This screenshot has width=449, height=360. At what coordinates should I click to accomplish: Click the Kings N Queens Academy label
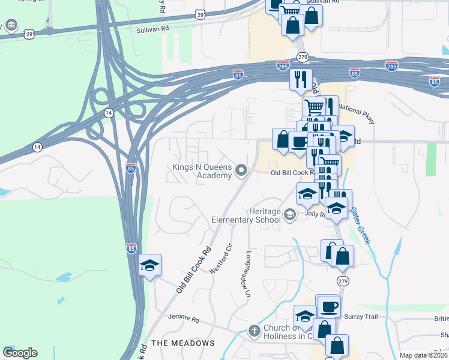click(x=202, y=170)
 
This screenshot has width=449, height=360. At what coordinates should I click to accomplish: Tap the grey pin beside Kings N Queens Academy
click(x=241, y=171)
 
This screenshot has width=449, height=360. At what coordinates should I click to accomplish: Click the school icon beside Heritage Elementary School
click(x=290, y=214)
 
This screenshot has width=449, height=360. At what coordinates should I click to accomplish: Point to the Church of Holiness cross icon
click(x=254, y=331)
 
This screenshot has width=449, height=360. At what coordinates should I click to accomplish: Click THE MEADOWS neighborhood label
click(x=183, y=343)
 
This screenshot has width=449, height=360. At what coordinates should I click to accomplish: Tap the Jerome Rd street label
click(x=182, y=317)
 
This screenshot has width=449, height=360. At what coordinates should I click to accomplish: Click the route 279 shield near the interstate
click(x=303, y=57)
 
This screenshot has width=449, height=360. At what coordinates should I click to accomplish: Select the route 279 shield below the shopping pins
click(x=342, y=281)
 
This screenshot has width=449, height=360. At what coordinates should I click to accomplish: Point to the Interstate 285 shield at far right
click(x=391, y=65)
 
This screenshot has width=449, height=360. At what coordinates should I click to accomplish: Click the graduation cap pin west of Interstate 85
click(x=149, y=265)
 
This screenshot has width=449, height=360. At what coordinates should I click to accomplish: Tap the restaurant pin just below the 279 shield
click(x=301, y=79)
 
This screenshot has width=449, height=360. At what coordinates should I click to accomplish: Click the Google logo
click(x=20, y=353)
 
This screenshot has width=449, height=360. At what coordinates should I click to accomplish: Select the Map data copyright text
click(x=423, y=355)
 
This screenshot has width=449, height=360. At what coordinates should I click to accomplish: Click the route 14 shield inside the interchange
click(x=108, y=112)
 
